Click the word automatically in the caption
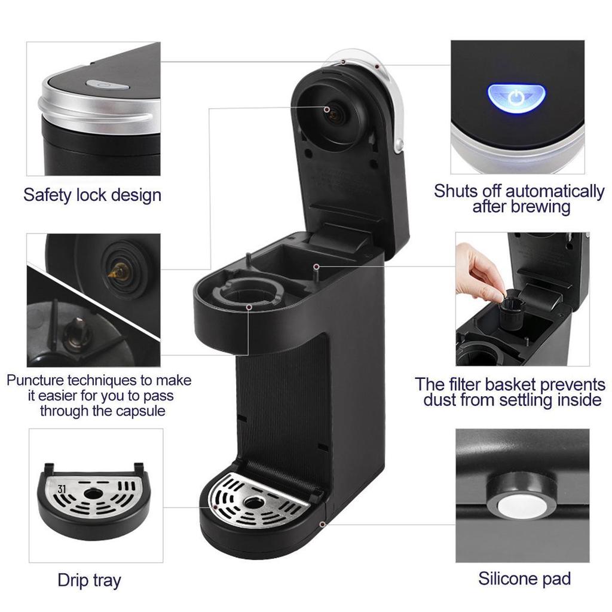(x=555, y=192)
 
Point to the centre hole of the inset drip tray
(x=93, y=494)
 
